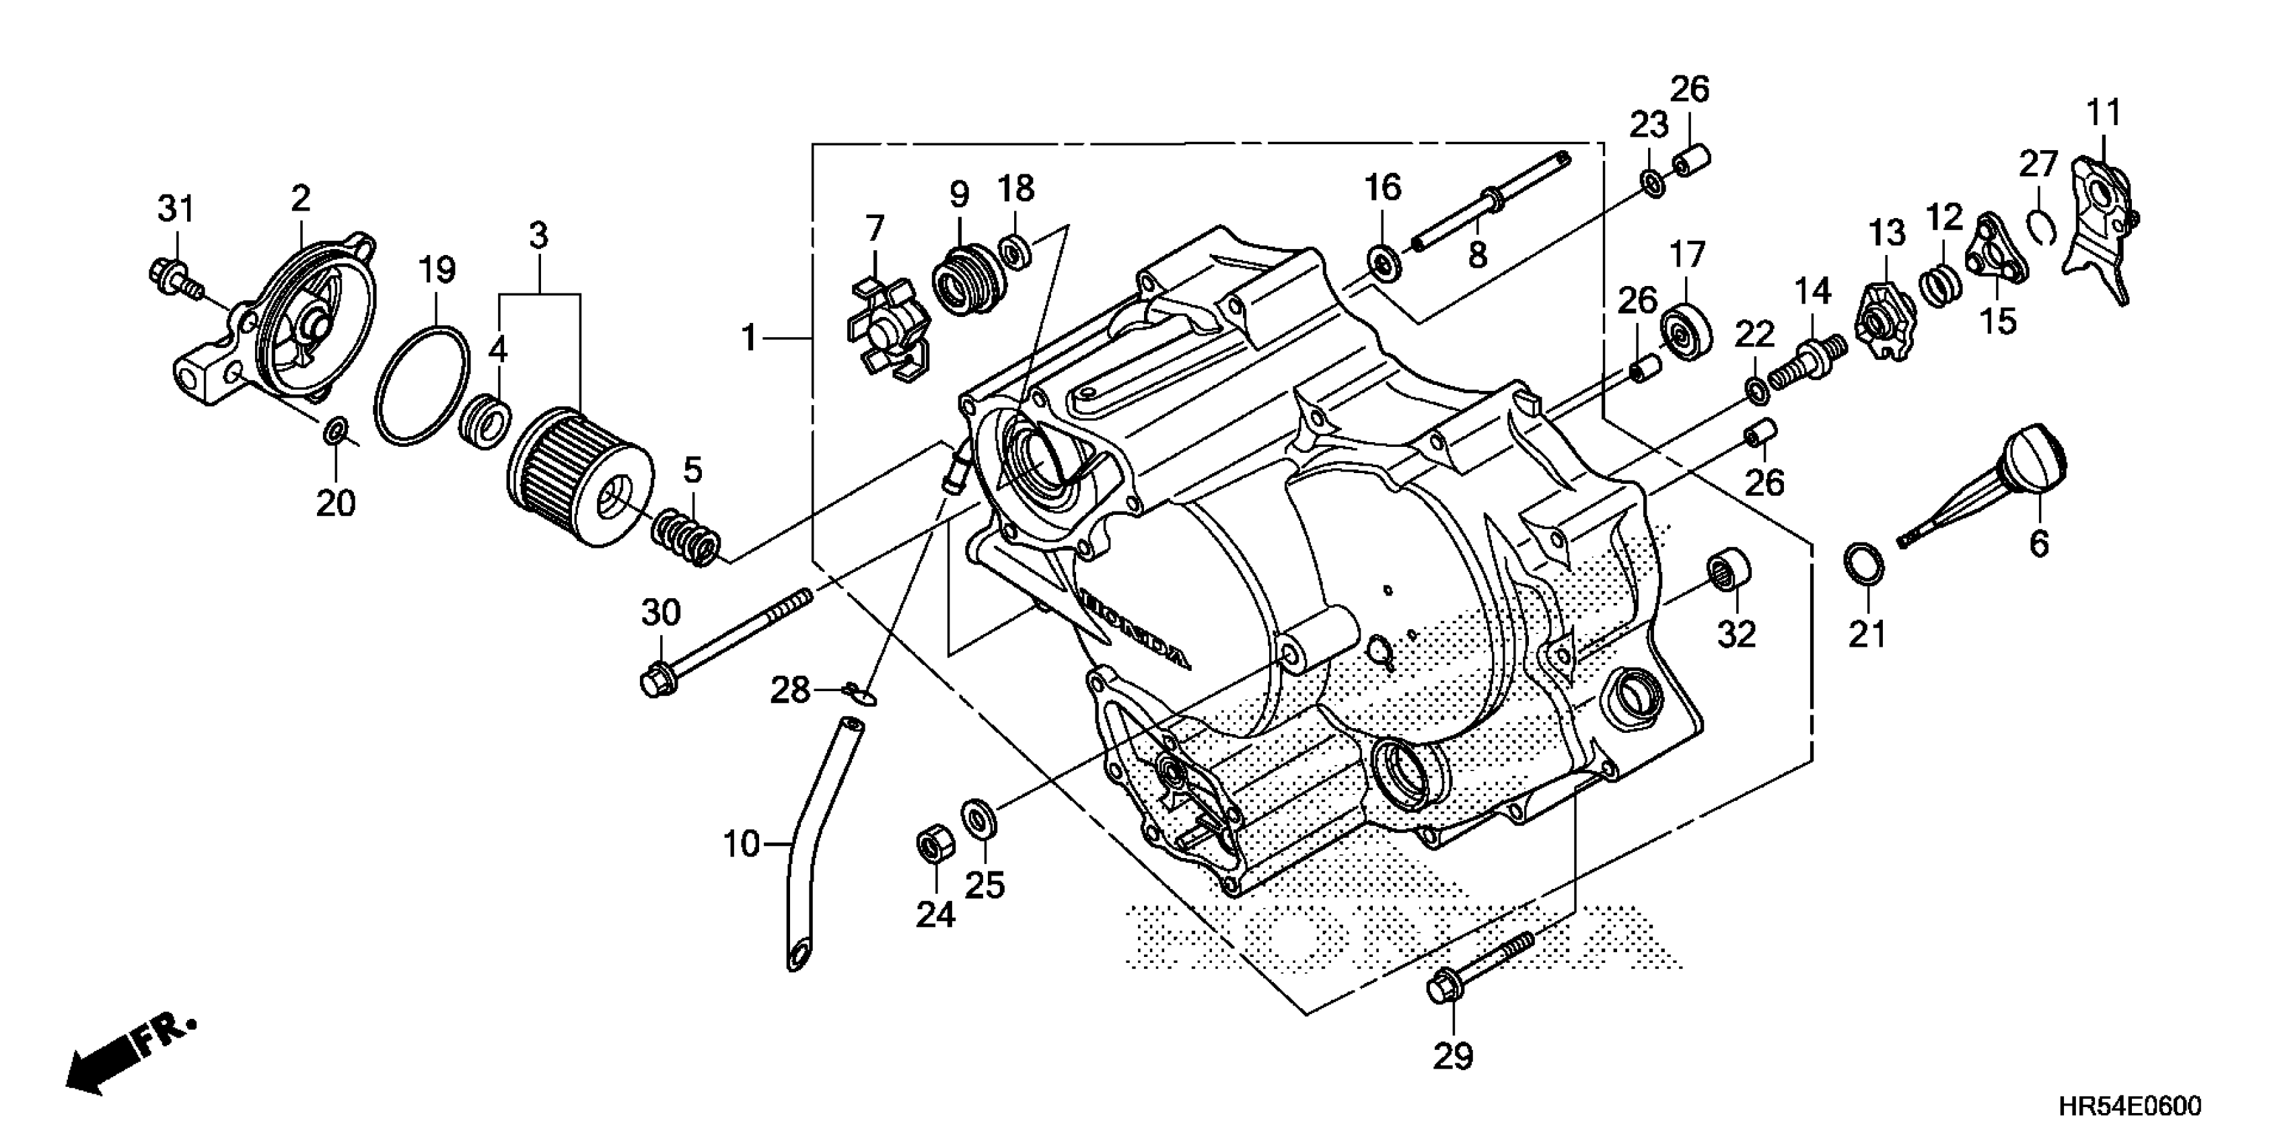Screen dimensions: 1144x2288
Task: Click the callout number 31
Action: tap(176, 209)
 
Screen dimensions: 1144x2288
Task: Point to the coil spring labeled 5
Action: tap(686, 536)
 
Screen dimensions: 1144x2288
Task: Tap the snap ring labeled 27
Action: tap(2043, 225)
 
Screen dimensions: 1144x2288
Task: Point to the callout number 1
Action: tap(750, 338)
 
